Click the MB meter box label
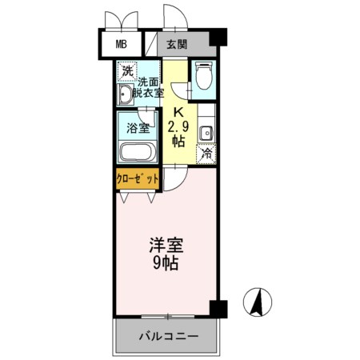click(x=121, y=44)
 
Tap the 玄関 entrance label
click(x=177, y=44)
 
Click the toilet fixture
click(x=203, y=75)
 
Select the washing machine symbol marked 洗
click(x=127, y=71)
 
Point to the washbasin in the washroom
click(x=125, y=94)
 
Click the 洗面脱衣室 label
click(x=148, y=88)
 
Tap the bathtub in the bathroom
click(x=138, y=152)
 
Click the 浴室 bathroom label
click(x=138, y=129)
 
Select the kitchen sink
click(x=206, y=134)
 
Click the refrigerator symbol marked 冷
click(x=206, y=154)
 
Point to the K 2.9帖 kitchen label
click(x=178, y=127)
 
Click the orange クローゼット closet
click(x=138, y=178)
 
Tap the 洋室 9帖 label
click(x=166, y=254)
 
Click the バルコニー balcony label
click(x=169, y=337)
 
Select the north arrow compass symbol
click(x=258, y=302)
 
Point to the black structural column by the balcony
click(x=218, y=309)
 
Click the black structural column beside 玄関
click(x=218, y=37)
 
